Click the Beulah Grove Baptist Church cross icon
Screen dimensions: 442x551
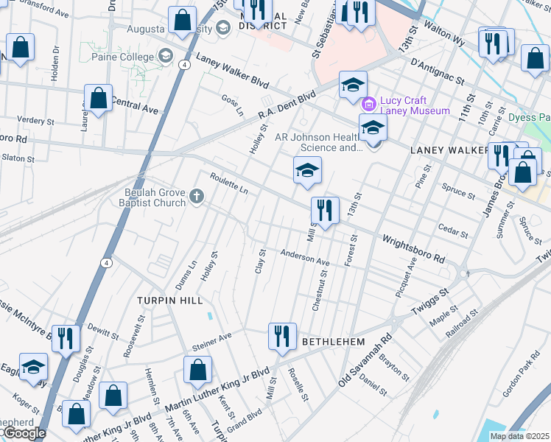tap(196, 196)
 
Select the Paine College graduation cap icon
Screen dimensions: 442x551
tap(165, 57)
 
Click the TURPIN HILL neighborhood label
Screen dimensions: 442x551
tap(164, 301)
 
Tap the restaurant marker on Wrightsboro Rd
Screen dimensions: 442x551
tap(324, 211)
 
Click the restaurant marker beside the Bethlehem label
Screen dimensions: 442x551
tap(281, 337)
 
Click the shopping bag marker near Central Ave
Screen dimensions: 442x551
tap(98, 99)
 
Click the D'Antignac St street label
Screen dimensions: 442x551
tap(437, 63)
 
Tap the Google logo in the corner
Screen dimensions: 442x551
tap(24, 433)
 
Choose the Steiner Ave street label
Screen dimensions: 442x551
tap(212, 342)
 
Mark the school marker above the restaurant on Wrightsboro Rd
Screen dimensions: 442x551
tap(307, 171)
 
